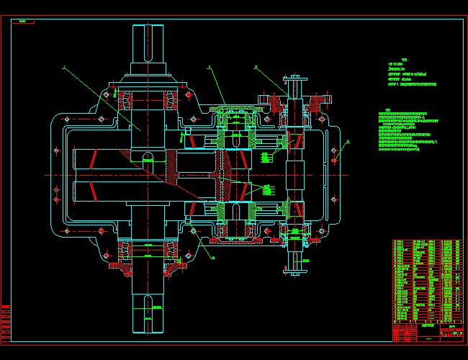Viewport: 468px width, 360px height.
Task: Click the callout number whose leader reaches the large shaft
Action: (x=64, y=69)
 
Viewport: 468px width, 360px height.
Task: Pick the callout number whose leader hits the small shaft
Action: (x=256, y=67)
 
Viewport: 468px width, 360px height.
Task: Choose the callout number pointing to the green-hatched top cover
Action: (x=209, y=67)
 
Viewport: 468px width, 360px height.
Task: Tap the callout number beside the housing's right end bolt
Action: (x=347, y=141)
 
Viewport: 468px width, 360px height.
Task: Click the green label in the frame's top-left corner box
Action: (x=23, y=22)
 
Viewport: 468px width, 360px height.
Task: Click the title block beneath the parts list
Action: (x=426, y=330)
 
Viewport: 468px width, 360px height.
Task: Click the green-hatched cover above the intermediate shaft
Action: (x=234, y=111)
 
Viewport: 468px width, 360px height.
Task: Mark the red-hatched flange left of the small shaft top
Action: (x=274, y=99)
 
